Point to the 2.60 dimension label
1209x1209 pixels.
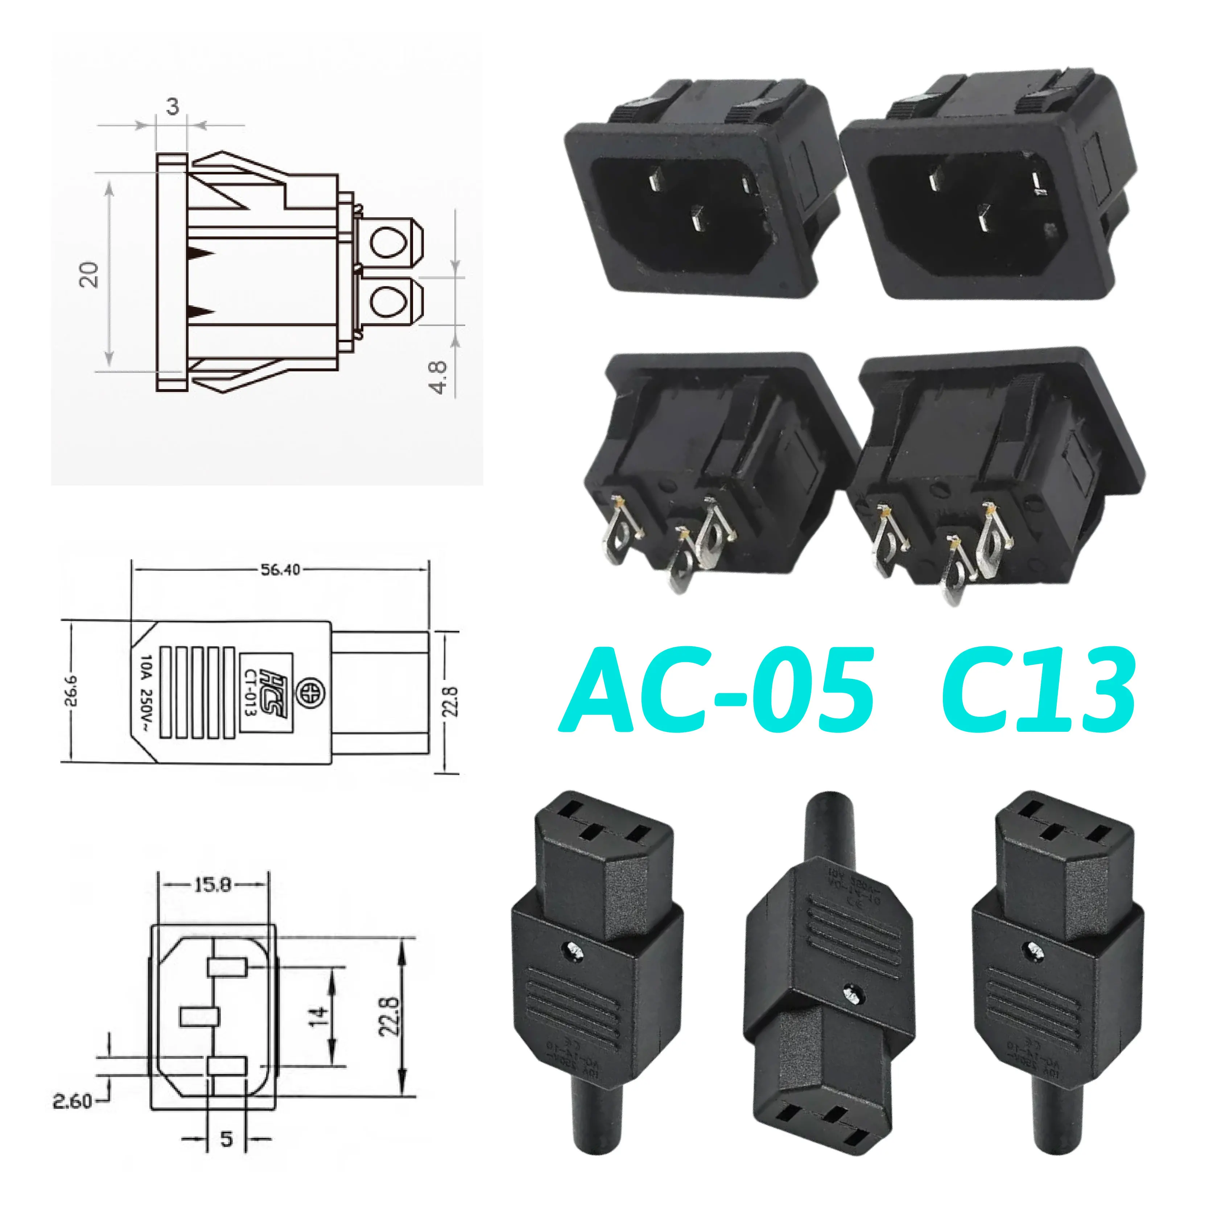tap(73, 1101)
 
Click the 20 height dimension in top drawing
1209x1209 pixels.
tap(90, 274)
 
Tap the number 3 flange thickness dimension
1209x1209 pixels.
tap(173, 106)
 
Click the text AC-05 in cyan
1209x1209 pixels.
tap(717, 690)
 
